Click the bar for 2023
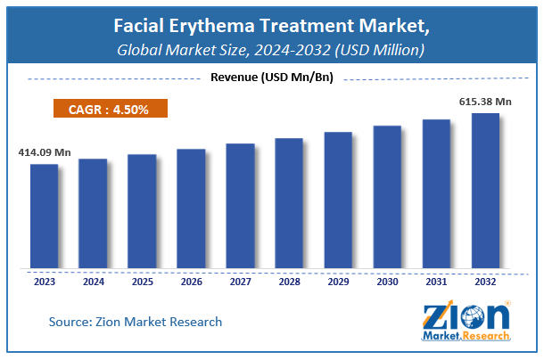click(45, 216)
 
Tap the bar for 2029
click(338, 200)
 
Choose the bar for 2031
click(436, 193)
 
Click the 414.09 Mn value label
click(45, 152)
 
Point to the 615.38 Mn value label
click(483, 102)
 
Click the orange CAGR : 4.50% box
click(106, 110)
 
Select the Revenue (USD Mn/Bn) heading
click(272, 78)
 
